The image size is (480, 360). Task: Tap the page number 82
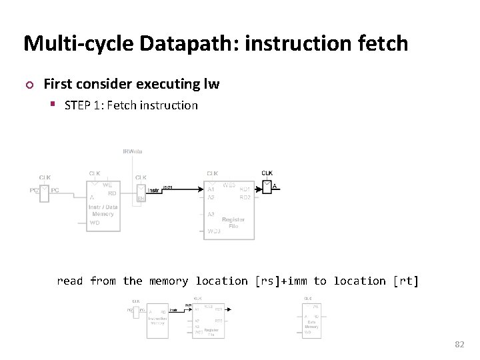click(459, 344)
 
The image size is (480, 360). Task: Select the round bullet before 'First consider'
click(28, 85)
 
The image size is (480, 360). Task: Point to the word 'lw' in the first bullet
click(211, 84)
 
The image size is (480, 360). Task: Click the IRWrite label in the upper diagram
click(132, 151)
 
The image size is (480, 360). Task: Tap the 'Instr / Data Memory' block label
click(103, 211)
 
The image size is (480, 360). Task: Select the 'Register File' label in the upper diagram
click(233, 223)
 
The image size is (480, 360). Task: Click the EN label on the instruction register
click(141, 198)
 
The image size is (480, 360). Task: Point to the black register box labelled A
click(267, 187)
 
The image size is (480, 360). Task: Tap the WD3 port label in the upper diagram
click(213, 231)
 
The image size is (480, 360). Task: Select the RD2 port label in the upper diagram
click(245, 197)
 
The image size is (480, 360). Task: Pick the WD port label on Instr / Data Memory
click(94, 223)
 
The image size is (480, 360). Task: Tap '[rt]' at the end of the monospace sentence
click(406, 281)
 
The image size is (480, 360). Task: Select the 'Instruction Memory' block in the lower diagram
click(158, 321)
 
